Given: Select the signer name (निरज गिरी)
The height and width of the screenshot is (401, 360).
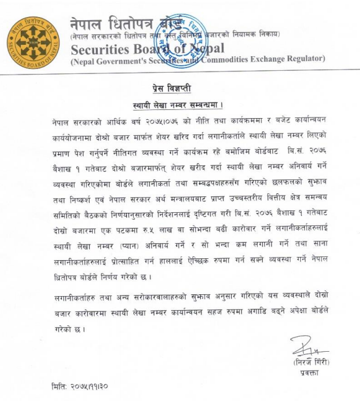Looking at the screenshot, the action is pos(308,363).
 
